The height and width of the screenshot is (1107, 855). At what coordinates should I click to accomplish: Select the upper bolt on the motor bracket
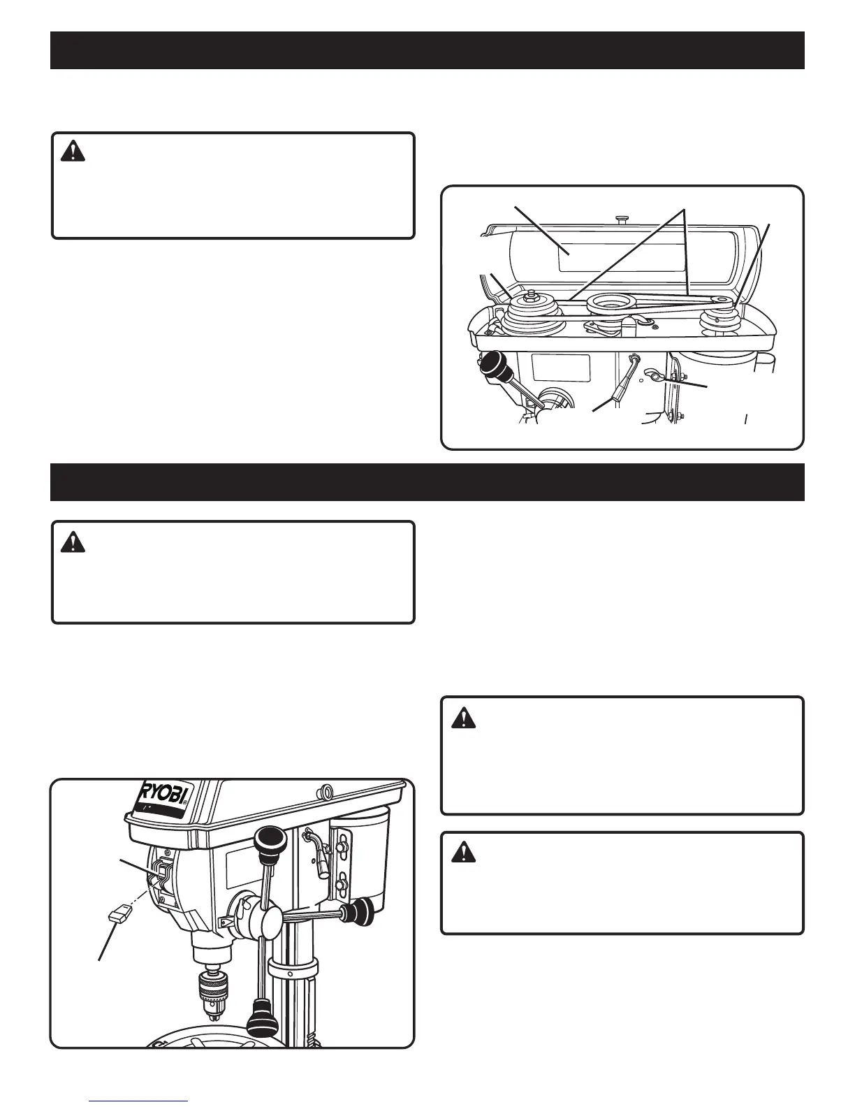tap(342, 847)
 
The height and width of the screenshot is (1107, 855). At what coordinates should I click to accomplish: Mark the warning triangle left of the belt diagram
tap(73, 152)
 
